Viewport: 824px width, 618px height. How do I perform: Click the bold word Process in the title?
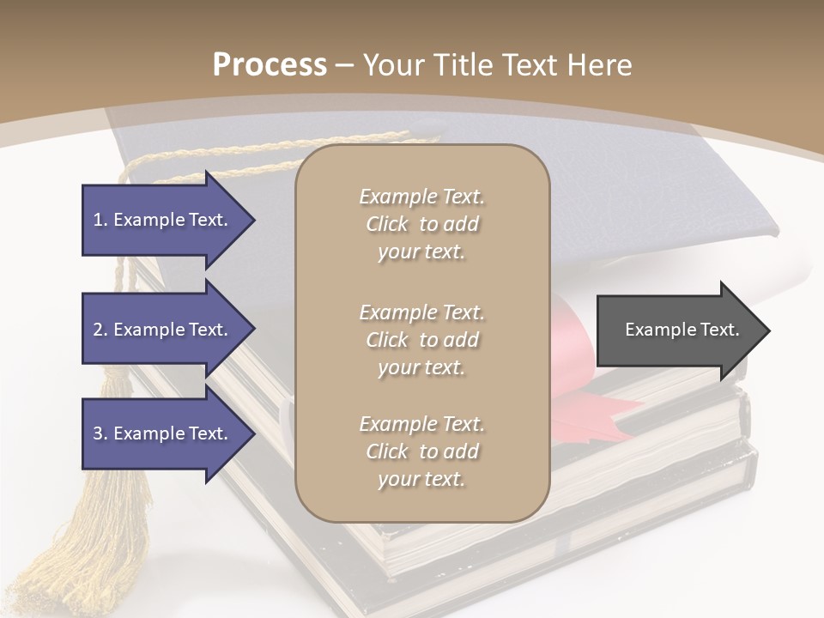click(x=270, y=64)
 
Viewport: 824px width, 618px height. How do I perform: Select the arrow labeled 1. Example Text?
click(x=163, y=220)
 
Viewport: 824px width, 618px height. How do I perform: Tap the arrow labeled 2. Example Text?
click(x=163, y=330)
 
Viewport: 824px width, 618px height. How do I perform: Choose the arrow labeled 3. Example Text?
click(x=163, y=433)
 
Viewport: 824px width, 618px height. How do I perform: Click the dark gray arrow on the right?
click(x=678, y=330)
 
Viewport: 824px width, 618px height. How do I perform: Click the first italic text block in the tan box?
click(x=421, y=224)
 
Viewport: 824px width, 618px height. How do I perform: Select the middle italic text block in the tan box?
click(x=421, y=340)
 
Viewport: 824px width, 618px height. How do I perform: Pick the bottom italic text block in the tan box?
click(x=421, y=451)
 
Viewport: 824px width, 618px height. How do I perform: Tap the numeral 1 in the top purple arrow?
click(x=98, y=220)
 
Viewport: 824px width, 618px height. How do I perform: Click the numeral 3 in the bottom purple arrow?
click(x=98, y=433)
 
